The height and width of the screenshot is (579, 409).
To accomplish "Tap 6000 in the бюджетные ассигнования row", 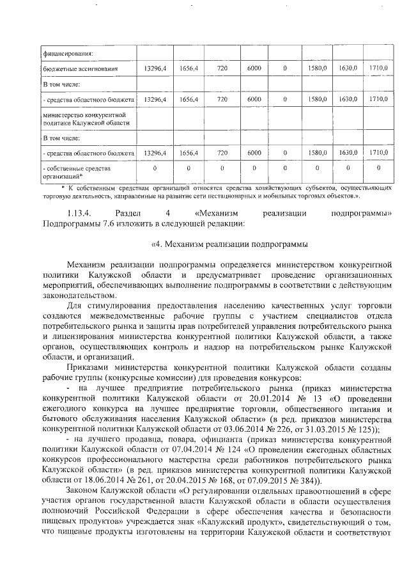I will coord(254,68).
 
